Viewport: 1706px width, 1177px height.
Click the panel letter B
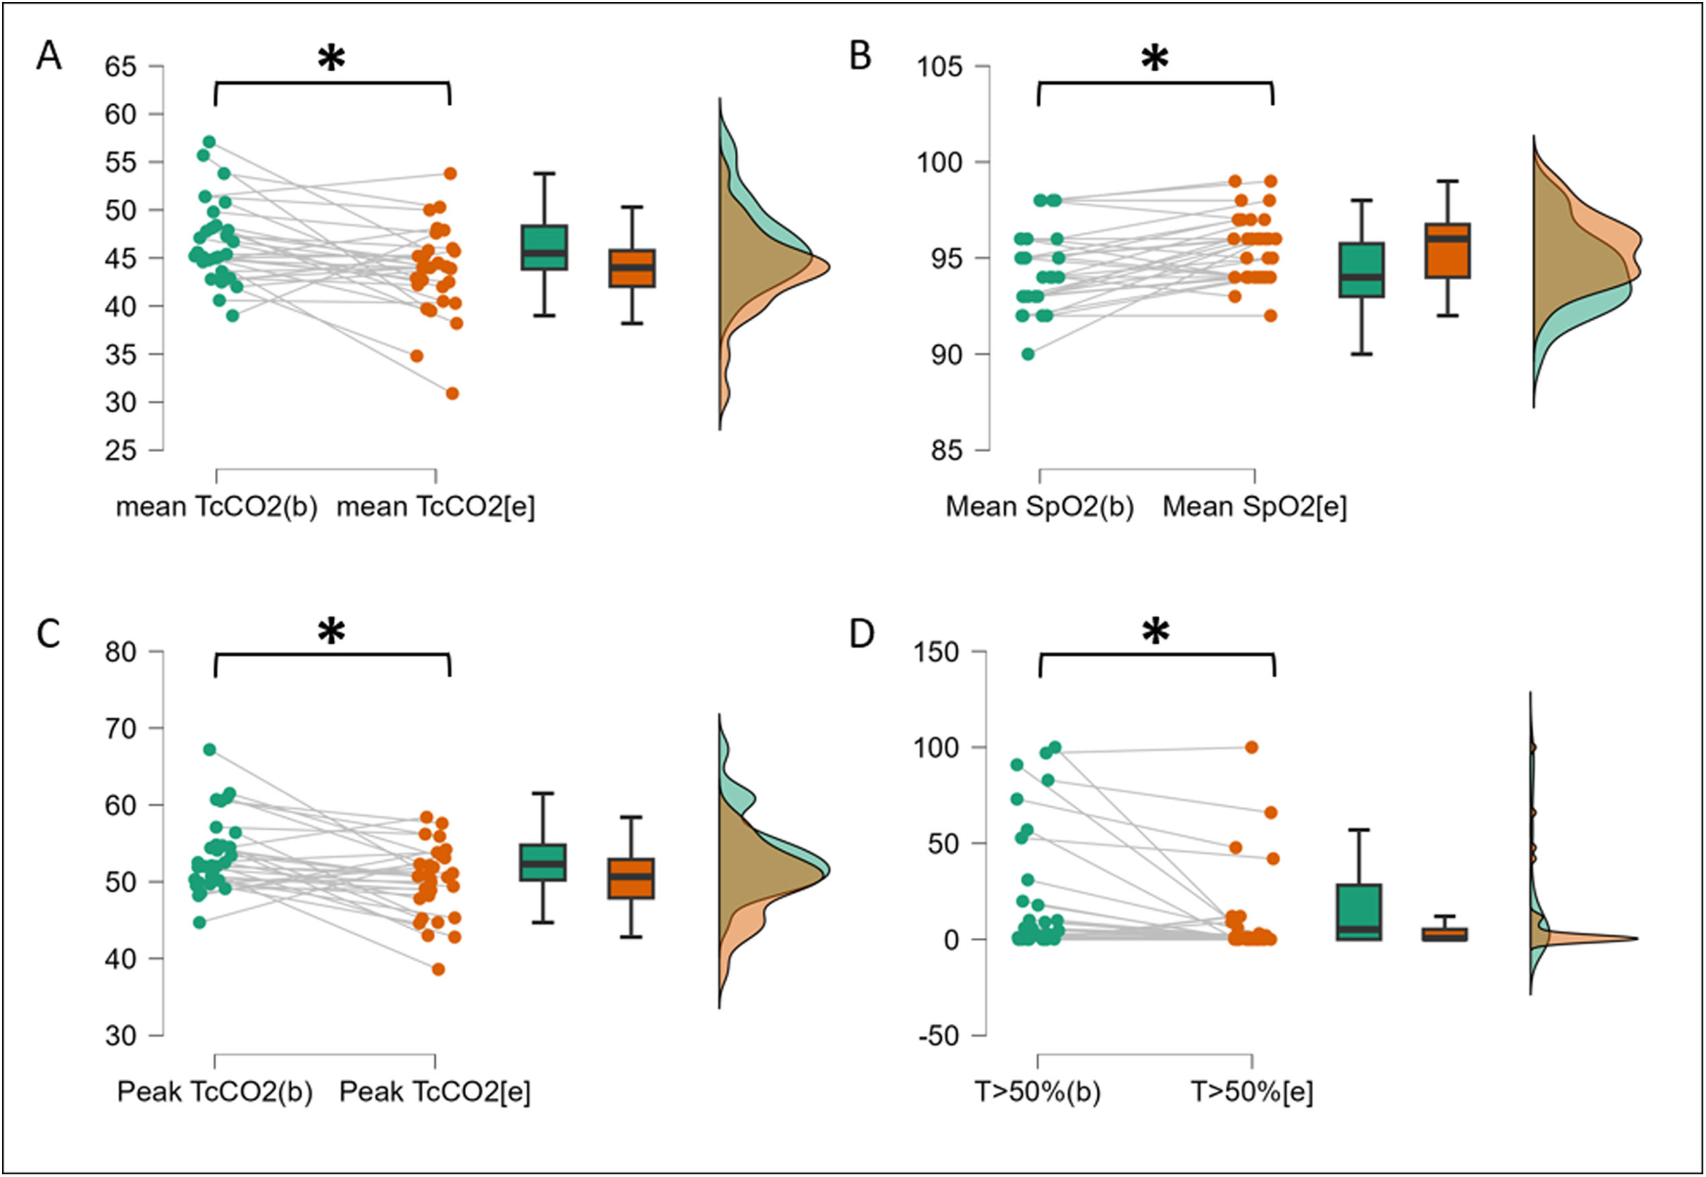coord(860,56)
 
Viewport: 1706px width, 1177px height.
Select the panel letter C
coord(48,634)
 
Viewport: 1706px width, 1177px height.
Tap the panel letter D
coord(862,634)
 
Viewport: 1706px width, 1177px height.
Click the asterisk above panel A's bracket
coord(332,59)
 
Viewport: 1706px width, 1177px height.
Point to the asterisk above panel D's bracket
coord(1155,632)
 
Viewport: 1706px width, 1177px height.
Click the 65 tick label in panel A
coord(120,67)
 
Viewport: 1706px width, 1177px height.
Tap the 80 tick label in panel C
coord(120,652)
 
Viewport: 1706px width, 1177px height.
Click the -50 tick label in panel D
coord(938,1036)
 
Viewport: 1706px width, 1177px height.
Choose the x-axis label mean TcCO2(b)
coord(217,507)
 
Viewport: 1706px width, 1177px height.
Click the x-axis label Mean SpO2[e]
coord(1254,507)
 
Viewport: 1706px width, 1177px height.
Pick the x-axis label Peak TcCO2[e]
coord(435,1092)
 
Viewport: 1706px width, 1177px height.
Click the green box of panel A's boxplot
coord(544,247)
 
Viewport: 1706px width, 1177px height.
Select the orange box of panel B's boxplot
coord(1447,251)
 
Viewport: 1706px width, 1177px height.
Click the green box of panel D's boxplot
coord(1358,912)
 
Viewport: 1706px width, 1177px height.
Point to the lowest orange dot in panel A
coord(452,394)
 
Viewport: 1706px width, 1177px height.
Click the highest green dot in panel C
coord(210,749)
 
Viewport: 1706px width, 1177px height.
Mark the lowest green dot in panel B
coord(1028,354)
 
